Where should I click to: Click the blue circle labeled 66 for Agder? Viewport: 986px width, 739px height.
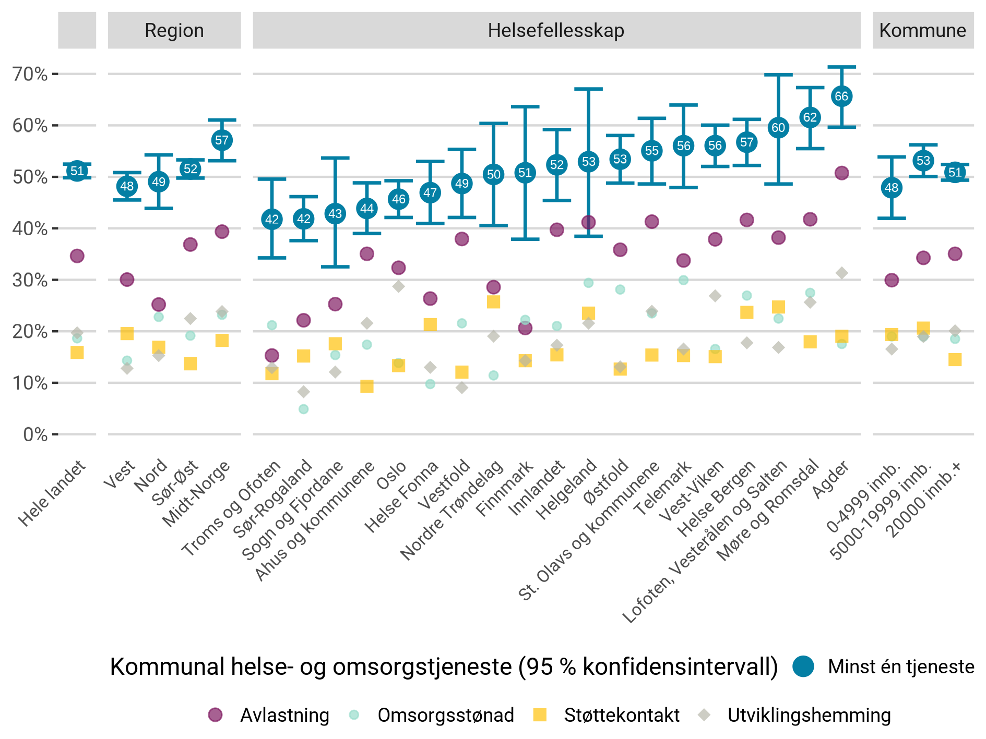click(841, 96)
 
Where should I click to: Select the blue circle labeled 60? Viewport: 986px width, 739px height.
click(778, 128)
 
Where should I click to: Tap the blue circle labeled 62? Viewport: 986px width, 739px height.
click(810, 117)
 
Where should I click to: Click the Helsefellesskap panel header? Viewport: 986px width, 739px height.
click(556, 31)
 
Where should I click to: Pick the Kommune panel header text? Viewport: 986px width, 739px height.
click(922, 31)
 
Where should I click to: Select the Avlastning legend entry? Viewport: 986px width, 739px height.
click(284, 715)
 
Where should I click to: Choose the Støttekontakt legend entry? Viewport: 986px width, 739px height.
click(621, 715)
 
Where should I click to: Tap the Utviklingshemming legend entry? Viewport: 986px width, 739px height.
click(809, 715)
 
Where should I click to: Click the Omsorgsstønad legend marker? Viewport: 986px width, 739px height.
click(354, 715)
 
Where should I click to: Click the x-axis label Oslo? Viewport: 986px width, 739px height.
click(391, 476)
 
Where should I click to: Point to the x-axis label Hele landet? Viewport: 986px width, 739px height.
click(52, 493)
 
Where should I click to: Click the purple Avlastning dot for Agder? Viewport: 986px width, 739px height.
click(841, 173)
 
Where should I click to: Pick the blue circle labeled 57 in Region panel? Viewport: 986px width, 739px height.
click(222, 140)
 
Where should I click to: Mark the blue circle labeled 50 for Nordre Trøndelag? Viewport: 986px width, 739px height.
click(493, 175)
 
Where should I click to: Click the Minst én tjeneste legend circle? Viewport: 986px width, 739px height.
click(803, 667)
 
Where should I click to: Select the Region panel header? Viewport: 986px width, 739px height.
click(174, 31)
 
